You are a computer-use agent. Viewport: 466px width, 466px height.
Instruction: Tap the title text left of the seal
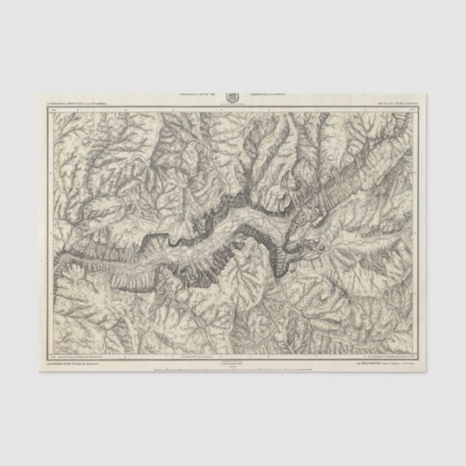click(x=197, y=94)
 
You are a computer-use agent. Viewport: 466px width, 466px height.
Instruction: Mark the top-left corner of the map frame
click(x=48, y=109)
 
